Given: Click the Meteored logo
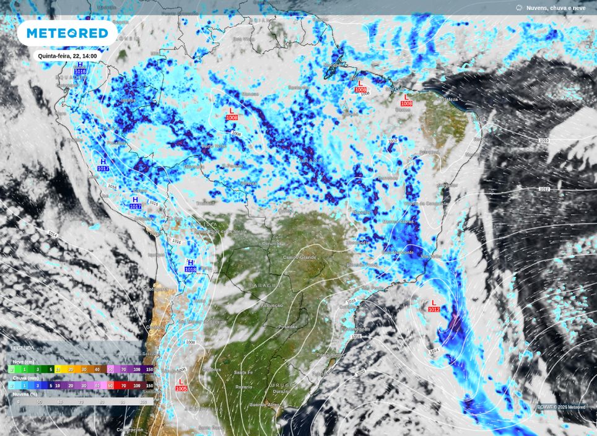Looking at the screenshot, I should coord(67,33).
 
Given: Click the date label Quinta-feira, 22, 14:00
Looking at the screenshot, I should coord(68,56).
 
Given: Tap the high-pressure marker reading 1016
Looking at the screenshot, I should coord(80,69).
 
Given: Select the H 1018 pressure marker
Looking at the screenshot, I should coord(190,266).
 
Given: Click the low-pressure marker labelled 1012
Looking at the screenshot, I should coord(434,306).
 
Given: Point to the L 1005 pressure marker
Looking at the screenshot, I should coord(181,385).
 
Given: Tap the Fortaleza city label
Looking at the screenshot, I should coord(447,99).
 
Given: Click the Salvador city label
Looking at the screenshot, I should coord(447,185).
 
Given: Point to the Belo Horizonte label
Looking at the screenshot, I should coord(396,252).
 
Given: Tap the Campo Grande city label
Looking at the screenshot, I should coord(299,257).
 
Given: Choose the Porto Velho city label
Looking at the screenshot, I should coord(214,146).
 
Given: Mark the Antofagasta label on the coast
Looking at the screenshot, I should coord(155,289).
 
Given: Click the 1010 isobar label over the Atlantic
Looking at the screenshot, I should coord(544,141).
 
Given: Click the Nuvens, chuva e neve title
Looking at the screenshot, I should coord(556,8).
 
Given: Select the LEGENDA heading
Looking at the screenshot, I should coord(23,348).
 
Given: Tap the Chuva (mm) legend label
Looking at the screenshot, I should coord(25,377).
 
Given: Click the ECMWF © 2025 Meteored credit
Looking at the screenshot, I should coord(561,407).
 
